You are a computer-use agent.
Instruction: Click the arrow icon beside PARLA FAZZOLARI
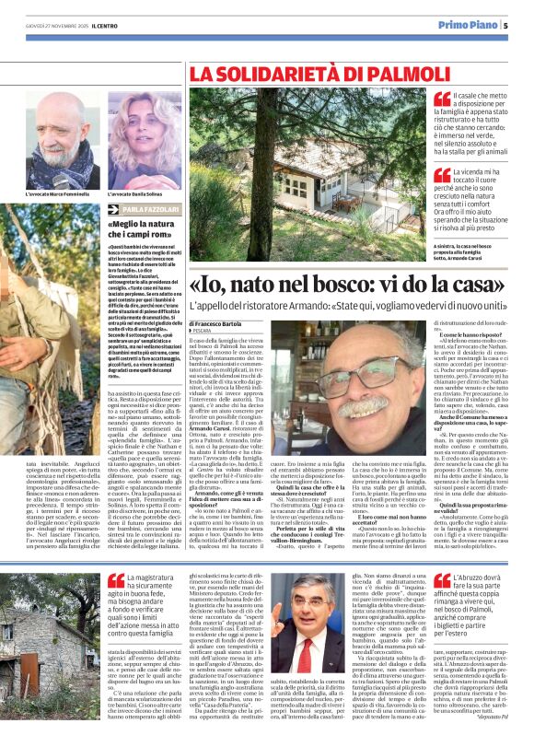tap(115, 209)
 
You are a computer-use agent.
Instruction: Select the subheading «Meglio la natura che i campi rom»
tap(148, 228)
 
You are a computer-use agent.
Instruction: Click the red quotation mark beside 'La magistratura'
tap(116, 582)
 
